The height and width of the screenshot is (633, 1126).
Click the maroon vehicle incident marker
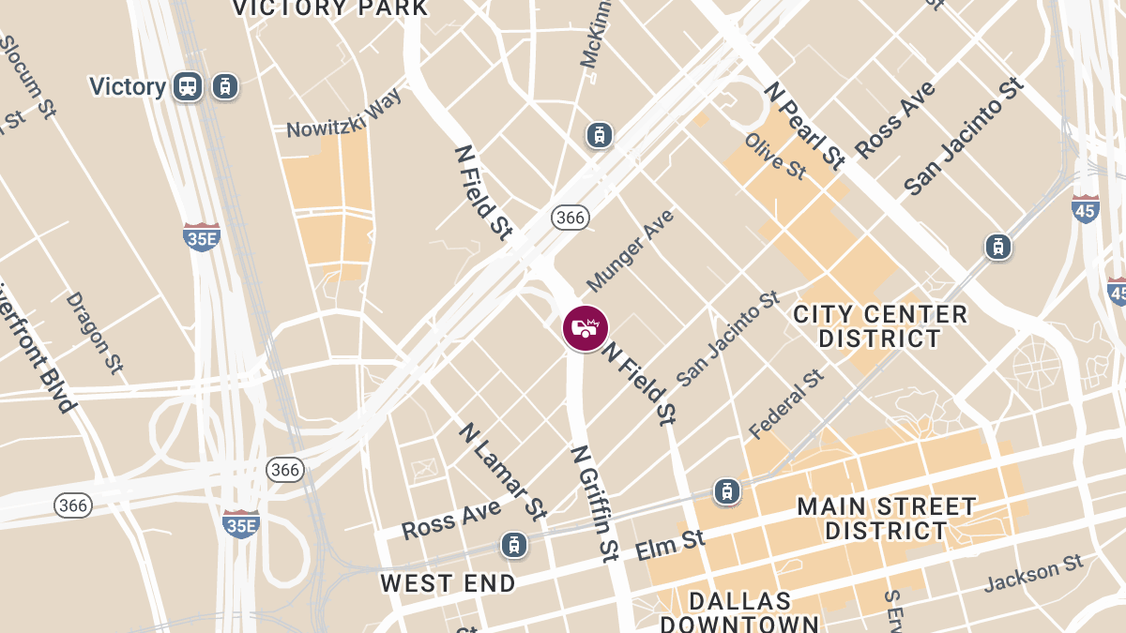coord(586,329)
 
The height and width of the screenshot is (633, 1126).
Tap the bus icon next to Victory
coord(188,87)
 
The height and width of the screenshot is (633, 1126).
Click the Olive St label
coord(775,156)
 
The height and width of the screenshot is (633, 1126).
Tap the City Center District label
coord(879,326)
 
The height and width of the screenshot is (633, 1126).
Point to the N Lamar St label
coord(502,471)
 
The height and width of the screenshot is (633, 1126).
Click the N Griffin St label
coord(595,503)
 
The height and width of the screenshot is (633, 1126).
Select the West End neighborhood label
coord(448,583)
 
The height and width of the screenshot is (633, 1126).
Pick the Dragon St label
coord(94,332)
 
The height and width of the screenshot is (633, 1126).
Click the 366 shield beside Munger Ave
coord(570,218)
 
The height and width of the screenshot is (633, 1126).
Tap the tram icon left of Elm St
coord(512,544)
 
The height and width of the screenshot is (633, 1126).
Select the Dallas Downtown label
coord(738,611)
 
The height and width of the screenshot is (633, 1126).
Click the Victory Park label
coord(329,8)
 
